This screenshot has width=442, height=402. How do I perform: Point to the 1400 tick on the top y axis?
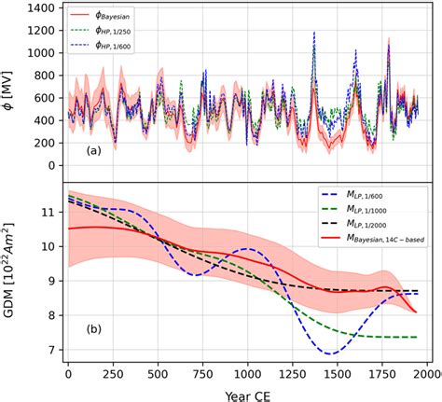42,9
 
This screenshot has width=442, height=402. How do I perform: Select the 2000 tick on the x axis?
426,373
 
